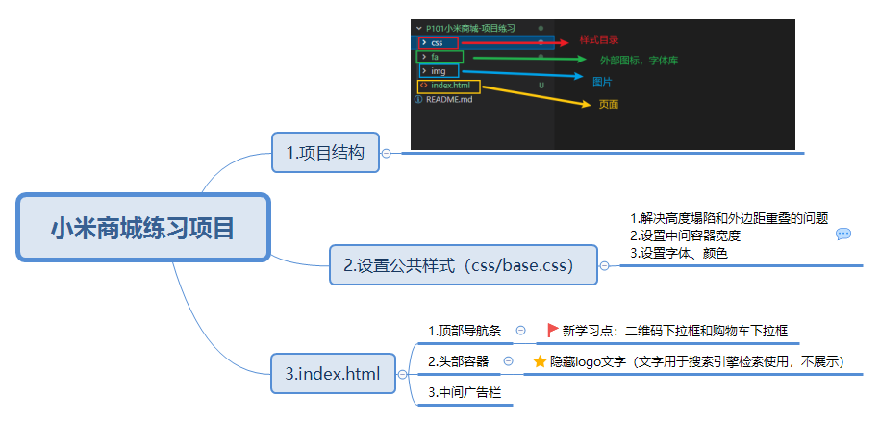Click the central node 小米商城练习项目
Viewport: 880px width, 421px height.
point(143,227)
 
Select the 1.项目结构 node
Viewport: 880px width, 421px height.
point(325,153)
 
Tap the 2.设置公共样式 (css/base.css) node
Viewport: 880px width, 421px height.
point(463,265)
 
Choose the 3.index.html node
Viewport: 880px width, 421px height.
point(333,373)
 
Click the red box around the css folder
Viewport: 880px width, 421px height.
point(439,42)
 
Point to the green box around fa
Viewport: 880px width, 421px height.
point(440,57)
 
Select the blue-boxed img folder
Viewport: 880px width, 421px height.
point(439,71)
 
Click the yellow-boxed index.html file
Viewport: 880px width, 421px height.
point(449,87)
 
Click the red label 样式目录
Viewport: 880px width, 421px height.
point(599,40)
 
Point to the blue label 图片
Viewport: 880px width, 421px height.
point(602,82)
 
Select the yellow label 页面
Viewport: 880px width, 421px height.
point(609,104)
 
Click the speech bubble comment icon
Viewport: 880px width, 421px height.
point(843,235)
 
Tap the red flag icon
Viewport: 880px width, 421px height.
point(553,330)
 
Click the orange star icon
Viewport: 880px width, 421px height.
point(540,361)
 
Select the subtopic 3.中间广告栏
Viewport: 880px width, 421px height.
point(465,392)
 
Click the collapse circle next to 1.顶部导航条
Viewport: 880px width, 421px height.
point(520,331)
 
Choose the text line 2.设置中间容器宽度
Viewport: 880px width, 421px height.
point(686,236)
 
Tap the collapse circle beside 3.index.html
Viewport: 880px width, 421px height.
point(402,375)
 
